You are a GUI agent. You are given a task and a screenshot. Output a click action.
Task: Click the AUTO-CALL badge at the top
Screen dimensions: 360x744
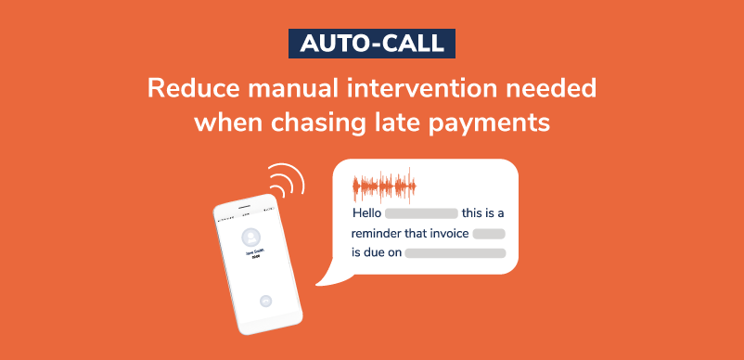(x=371, y=42)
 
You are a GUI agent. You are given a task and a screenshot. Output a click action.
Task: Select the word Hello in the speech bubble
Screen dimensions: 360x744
(x=366, y=214)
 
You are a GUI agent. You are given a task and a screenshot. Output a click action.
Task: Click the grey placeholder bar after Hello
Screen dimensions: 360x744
(x=421, y=214)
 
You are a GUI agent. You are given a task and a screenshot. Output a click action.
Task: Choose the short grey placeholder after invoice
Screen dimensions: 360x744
(x=488, y=234)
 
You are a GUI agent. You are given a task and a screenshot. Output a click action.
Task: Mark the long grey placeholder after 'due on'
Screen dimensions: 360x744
(x=455, y=252)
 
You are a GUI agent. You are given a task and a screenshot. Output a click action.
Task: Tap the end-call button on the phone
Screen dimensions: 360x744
(x=265, y=300)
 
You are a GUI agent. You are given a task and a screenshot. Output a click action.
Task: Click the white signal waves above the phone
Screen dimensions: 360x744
(x=286, y=182)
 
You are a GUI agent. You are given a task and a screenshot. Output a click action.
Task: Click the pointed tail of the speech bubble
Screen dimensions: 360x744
(x=320, y=277)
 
